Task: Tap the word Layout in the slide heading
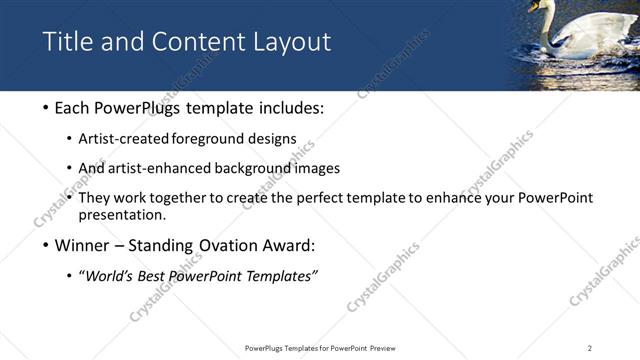click(x=290, y=42)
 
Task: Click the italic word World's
click(x=108, y=276)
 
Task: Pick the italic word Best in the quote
click(x=149, y=276)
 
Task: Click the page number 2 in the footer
click(x=589, y=348)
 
